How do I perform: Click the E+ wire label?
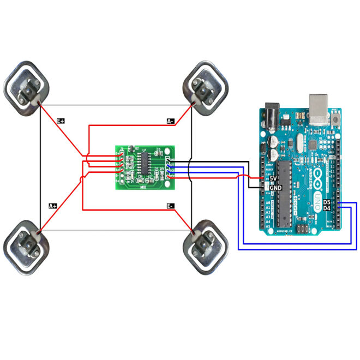pyautogui.click(x=61, y=120)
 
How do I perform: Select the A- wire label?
pyautogui.click(x=171, y=121)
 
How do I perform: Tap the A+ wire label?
pyautogui.click(x=53, y=206)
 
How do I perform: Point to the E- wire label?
pyautogui.click(x=171, y=206)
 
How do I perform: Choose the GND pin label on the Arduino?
pyautogui.click(x=276, y=188)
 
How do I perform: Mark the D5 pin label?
pyautogui.click(x=327, y=202)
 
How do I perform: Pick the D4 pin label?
pyautogui.click(x=327, y=208)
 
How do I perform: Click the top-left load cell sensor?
pyautogui.click(x=28, y=87)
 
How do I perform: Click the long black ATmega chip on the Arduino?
pyautogui.click(x=283, y=194)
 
